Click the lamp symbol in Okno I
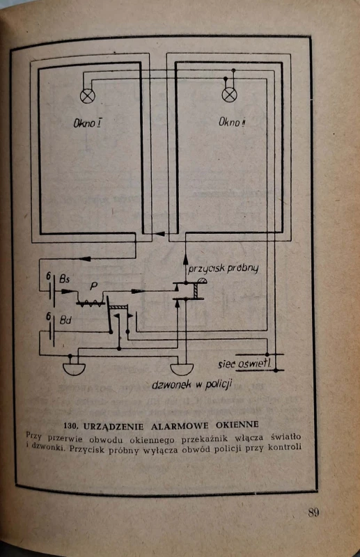88,96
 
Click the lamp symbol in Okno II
230,95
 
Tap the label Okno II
233,123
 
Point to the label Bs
64,279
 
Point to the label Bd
65,320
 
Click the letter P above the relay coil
93,286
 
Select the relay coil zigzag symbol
91,303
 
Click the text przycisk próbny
223,269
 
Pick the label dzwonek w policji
192,384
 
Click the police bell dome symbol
182,370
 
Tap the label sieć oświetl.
245,363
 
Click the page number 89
313,512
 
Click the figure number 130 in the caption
70,425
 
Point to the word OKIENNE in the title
237,425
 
